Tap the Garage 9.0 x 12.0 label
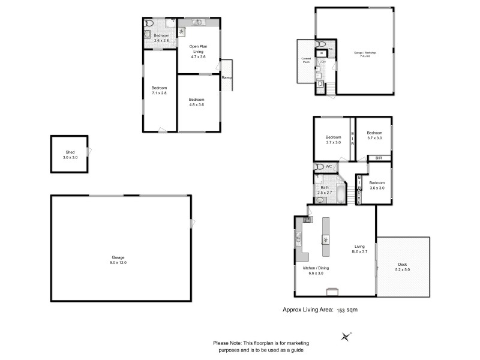pos(118,259)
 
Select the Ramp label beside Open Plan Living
pos(226,78)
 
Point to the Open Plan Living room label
pos(197,52)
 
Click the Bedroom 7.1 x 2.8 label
pos(159,91)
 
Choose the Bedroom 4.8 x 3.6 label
pos(197,102)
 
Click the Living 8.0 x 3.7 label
pos(359,249)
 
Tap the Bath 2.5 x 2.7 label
pos(325,190)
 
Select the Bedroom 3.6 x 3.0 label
pos(377,185)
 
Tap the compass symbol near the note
pos(346,337)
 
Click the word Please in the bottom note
pos(222,343)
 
